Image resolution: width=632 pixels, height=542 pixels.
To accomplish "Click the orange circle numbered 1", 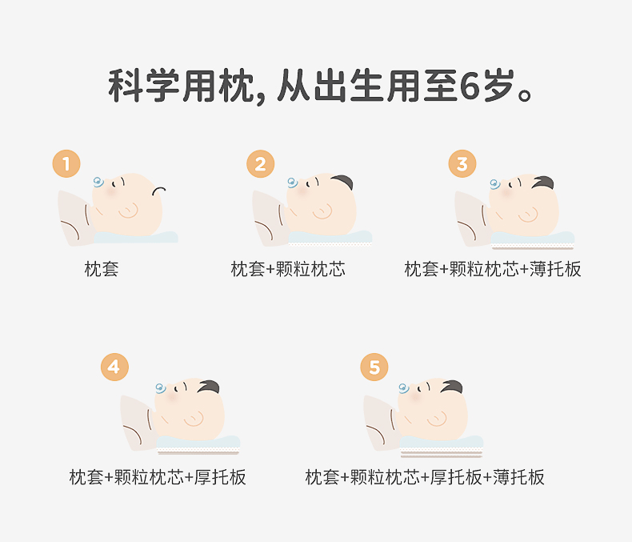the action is click(x=66, y=164).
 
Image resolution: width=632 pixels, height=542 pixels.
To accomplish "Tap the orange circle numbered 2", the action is click(x=260, y=164).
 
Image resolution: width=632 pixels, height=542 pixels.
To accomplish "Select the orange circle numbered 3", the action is click(x=462, y=164).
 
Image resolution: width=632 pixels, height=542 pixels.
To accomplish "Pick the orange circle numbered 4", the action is click(x=114, y=367).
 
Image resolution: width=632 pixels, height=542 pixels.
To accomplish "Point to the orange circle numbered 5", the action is click(x=374, y=367).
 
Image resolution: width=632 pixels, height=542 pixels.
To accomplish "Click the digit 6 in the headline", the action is click(x=470, y=86).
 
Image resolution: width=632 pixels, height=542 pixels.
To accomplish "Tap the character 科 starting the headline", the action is click(x=125, y=86).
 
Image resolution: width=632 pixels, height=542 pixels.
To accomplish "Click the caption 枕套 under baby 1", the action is click(x=101, y=269).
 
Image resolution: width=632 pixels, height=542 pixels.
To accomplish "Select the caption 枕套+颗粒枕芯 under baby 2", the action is click(x=288, y=269).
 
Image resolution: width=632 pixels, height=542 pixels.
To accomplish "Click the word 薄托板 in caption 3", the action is click(x=555, y=269).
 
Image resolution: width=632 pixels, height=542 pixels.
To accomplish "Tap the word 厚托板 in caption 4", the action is click(x=220, y=477).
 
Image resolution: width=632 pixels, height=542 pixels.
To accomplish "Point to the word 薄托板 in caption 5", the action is click(x=518, y=477).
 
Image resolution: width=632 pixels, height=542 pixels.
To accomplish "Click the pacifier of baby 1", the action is click(x=98, y=183).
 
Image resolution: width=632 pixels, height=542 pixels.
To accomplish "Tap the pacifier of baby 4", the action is click(x=161, y=388).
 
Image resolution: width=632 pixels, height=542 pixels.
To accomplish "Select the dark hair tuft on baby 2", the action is click(x=342, y=182).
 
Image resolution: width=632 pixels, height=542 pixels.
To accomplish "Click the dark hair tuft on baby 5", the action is click(x=452, y=387).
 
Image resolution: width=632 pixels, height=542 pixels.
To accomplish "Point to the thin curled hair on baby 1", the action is click(x=159, y=191).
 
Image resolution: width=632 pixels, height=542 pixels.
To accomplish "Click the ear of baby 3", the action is click(x=529, y=215).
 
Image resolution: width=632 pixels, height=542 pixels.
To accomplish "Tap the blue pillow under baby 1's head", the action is click(x=136, y=237).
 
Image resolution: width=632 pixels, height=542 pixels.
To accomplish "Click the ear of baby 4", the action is click(x=194, y=419).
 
